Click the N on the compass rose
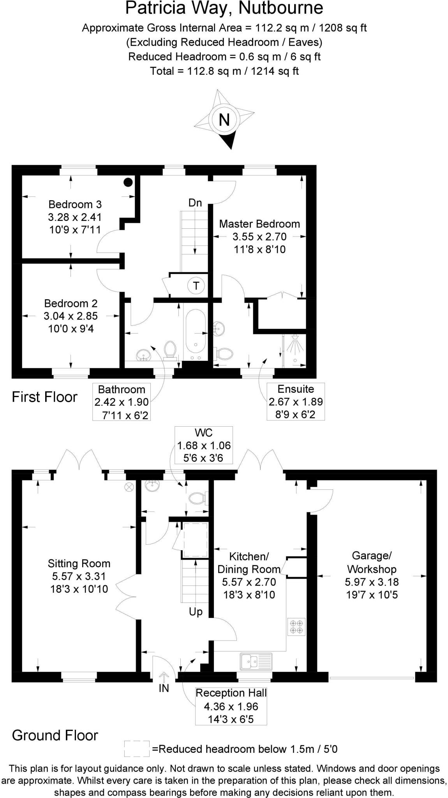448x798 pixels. coord(224,120)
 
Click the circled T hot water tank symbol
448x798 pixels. coord(196,286)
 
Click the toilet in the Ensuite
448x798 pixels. coord(224,353)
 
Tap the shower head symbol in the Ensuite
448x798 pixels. coord(295,337)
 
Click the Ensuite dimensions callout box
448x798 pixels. coord(296,401)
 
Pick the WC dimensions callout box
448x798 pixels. coord(204,445)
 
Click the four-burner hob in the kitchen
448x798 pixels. coord(296,627)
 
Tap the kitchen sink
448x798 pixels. coord(256,661)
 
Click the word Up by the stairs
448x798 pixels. coord(196,612)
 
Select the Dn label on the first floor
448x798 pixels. coord(195,203)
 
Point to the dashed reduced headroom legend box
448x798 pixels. coord(137,749)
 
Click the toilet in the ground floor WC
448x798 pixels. coord(197,498)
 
